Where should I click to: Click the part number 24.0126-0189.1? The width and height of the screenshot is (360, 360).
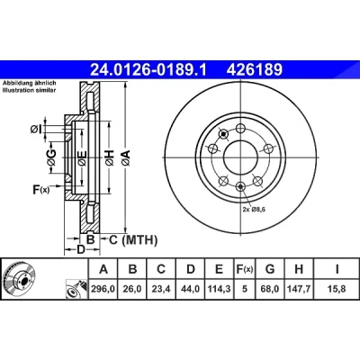pos(148,70)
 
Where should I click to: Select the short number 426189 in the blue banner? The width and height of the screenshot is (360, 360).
pos(255,70)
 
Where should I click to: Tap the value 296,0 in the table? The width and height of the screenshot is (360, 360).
pos(103,289)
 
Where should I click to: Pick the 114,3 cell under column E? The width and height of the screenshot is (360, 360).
pos(220,289)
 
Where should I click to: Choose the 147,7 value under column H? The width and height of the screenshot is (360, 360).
pos(299,289)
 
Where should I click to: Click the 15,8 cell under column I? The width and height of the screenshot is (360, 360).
pos(337,289)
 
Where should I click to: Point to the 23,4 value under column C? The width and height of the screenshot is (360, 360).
pos(161,289)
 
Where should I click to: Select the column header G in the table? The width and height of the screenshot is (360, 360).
pos(270,269)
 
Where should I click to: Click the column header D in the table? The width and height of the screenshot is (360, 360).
pos(191,269)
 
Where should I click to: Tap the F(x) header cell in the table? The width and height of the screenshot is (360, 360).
pos(244,269)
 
